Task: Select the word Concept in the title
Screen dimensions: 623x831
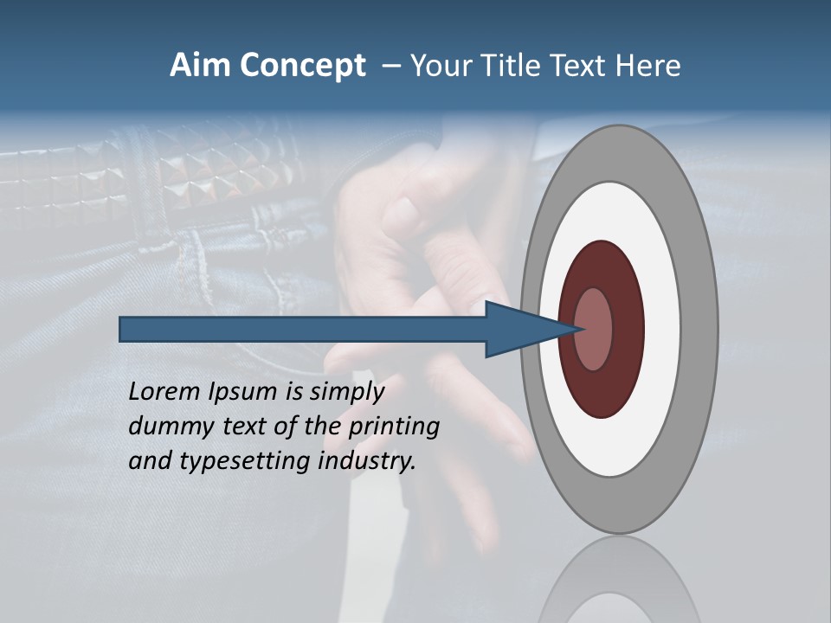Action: tap(303, 67)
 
